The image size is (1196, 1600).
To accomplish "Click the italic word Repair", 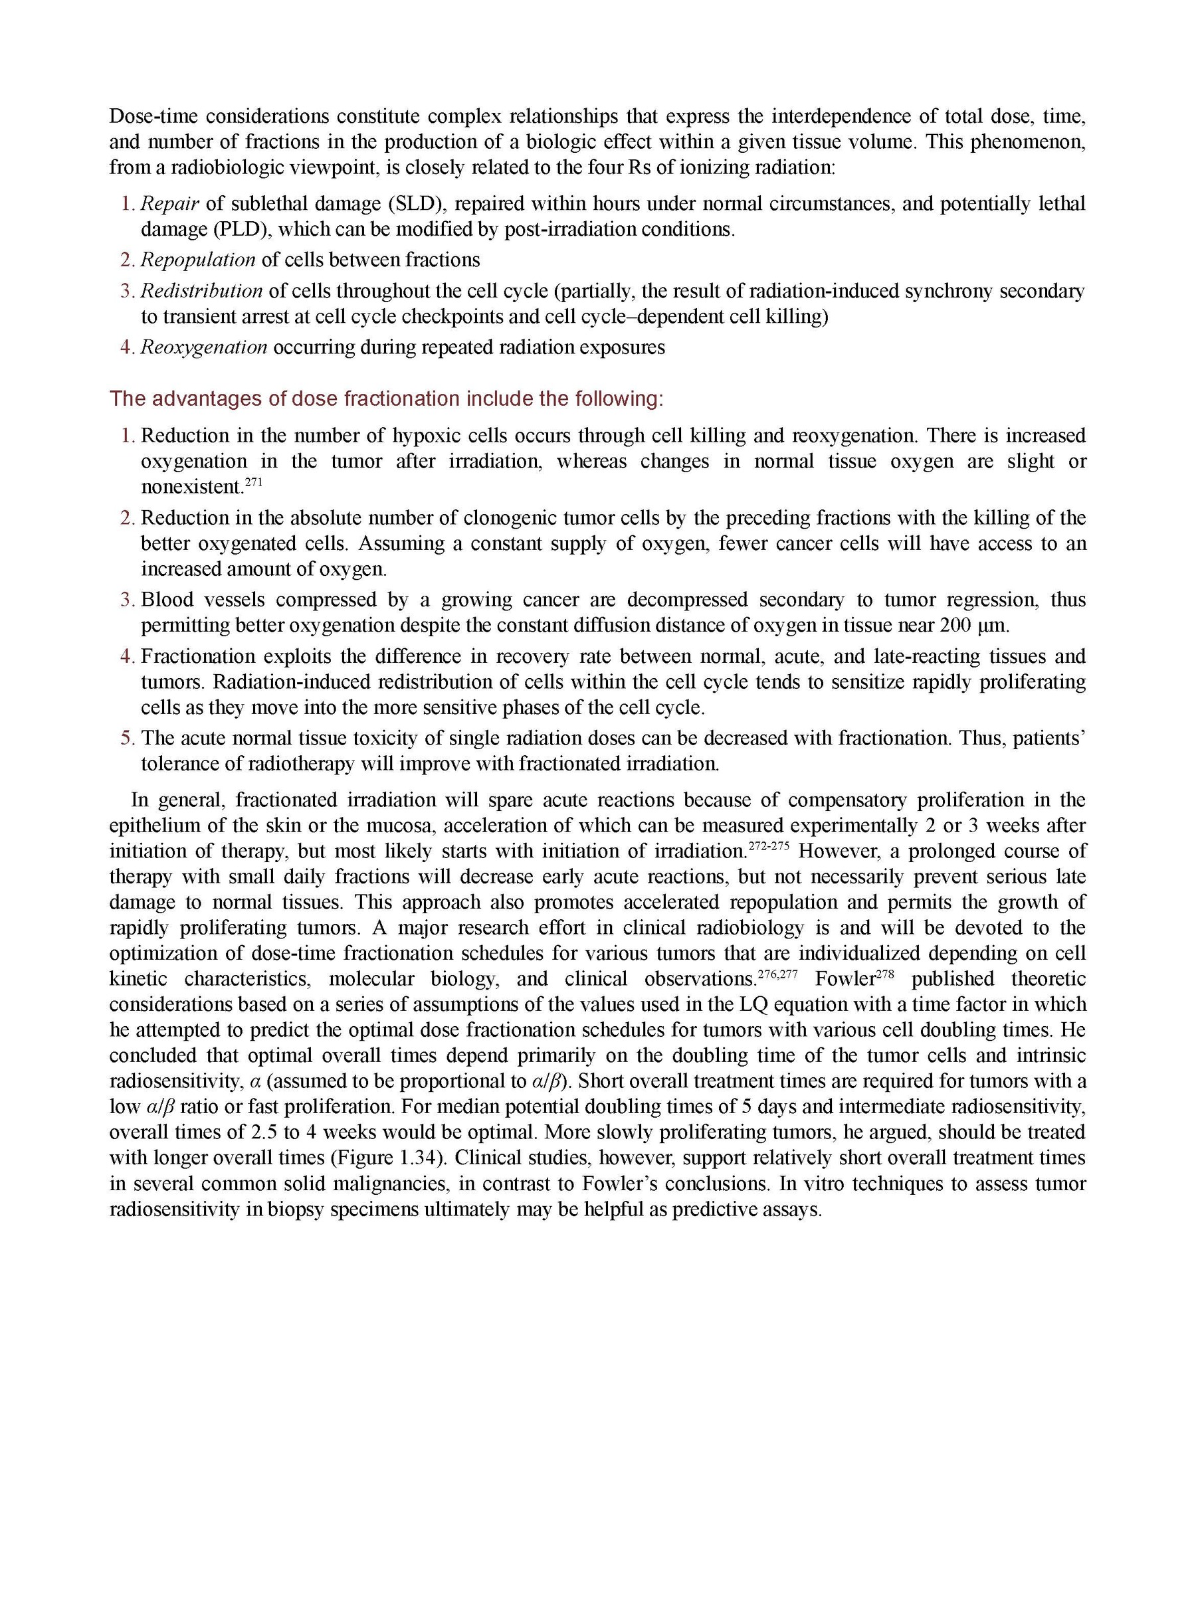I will click(169, 204).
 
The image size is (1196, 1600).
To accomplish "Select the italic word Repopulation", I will click(197, 260).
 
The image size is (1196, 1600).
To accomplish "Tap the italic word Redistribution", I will click(201, 291).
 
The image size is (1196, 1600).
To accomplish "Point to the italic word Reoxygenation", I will click(203, 347).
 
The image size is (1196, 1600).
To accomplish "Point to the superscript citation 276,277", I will click(777, 973).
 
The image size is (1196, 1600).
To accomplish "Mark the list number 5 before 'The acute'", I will click(128, 739).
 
